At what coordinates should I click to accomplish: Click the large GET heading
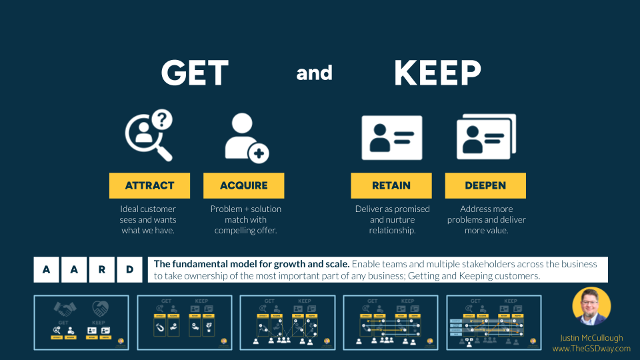click(195, 73)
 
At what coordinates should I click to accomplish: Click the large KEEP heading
click(437, 73)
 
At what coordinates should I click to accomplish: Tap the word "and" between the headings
click(314, 73)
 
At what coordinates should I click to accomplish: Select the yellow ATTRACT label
click(149, 185)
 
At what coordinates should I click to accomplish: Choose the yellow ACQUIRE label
click(243, 185)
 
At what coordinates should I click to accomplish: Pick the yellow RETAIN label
click(392, 185)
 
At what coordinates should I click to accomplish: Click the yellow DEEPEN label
click(485, 185)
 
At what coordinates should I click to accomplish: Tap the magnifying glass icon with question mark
click(149, 136)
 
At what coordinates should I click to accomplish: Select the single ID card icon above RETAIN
click(392, 138)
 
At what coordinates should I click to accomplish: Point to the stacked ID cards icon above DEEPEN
click(486, 138)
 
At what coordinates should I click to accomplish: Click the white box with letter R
click(101, 270)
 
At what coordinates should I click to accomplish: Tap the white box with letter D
click(129, 270)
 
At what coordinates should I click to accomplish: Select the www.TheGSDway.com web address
click(591, 348)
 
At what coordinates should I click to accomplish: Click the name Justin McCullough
click(591, 338)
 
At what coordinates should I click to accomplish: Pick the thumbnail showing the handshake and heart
click(81, 323)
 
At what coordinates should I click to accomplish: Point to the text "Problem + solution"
click(246, 209)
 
